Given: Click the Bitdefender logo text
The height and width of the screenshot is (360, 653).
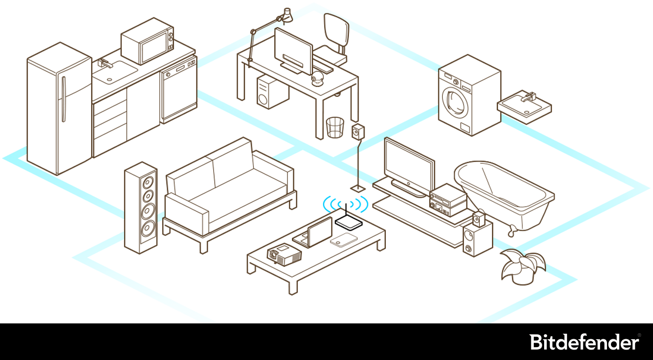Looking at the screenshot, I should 584,342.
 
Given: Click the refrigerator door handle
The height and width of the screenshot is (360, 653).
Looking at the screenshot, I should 63,99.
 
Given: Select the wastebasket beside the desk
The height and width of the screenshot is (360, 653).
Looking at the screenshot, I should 335,128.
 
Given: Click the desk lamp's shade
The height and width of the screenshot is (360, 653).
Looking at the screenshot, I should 287,15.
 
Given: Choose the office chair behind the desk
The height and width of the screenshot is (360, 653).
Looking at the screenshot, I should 335,35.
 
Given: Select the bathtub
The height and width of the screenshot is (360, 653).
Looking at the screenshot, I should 505,193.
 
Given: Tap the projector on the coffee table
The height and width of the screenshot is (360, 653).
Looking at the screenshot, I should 284,253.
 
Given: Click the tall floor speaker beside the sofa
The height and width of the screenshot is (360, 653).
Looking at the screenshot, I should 141,208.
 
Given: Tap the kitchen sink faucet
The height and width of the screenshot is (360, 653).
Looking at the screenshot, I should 105,63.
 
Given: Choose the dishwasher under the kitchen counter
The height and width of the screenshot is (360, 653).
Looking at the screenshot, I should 178,91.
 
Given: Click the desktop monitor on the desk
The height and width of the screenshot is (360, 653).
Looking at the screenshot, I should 293,50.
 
